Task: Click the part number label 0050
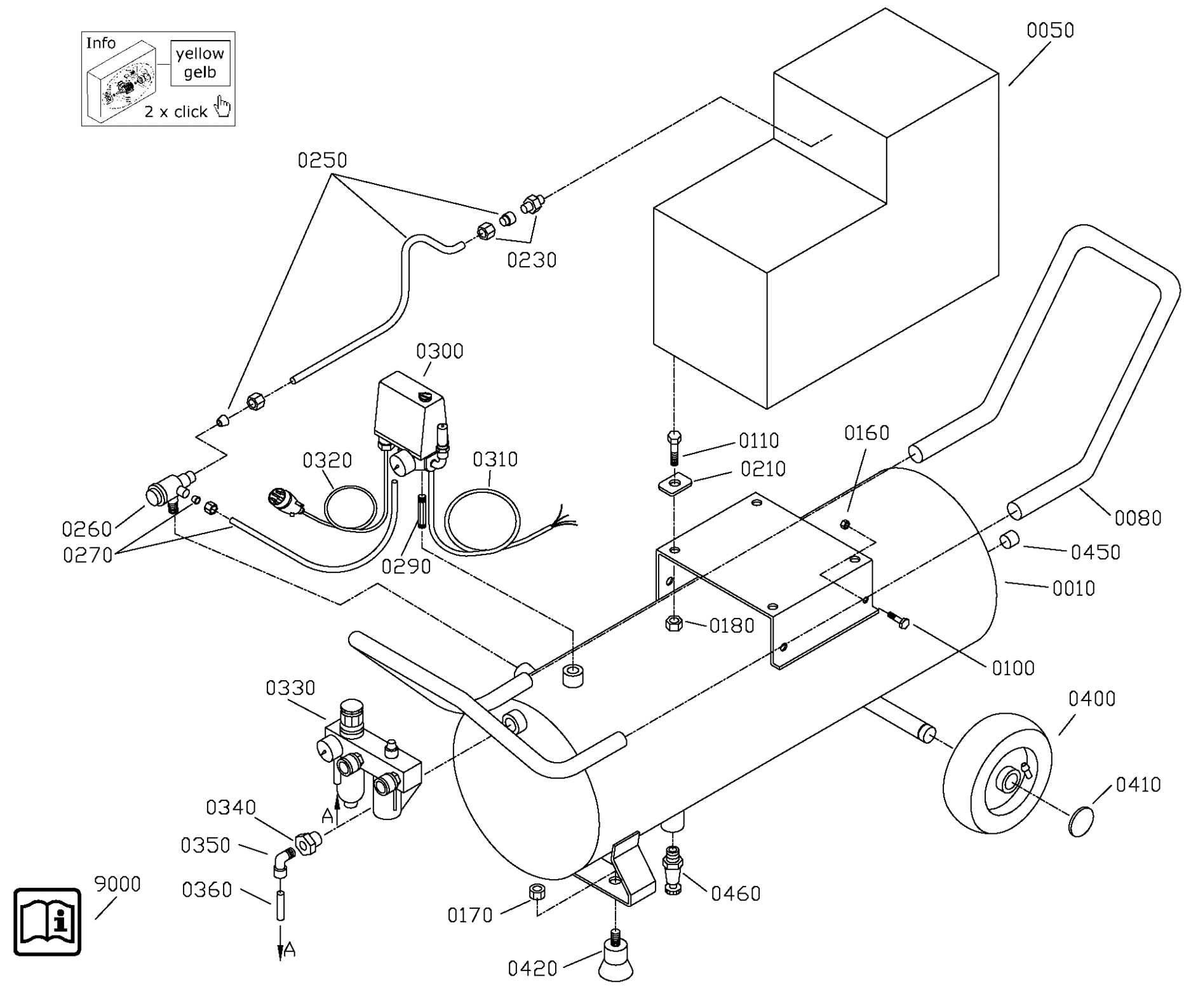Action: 1050,30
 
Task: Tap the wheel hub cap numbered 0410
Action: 1082,821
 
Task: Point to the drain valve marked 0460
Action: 672,869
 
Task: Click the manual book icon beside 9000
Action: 48,922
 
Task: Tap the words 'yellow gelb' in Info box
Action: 200,63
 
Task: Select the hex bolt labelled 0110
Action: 675,448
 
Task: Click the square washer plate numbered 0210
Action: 674,485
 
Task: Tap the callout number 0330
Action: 290,688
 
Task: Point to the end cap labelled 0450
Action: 1009,542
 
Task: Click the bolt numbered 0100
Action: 897,619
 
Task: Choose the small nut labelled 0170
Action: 537,891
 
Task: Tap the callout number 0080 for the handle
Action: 1138,518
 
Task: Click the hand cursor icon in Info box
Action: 223,107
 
